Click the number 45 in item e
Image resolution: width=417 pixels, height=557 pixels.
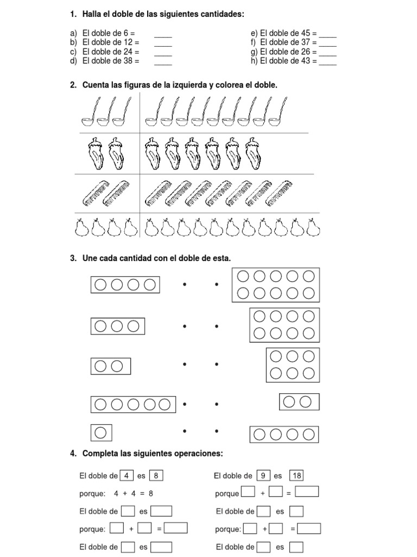point(306,33)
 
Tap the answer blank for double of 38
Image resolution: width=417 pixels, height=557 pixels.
point(163,64)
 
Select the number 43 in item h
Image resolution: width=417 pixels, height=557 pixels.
point(306,61)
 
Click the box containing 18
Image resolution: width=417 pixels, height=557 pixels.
point(297,475)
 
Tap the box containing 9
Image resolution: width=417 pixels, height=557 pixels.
point(263,475)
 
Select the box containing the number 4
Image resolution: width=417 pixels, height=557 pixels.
point(127,475)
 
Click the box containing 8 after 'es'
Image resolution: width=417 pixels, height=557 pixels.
point(156,475)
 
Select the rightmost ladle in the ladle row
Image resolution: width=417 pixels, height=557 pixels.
point(277,112)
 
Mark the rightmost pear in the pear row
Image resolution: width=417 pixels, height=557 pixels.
point(313,227)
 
